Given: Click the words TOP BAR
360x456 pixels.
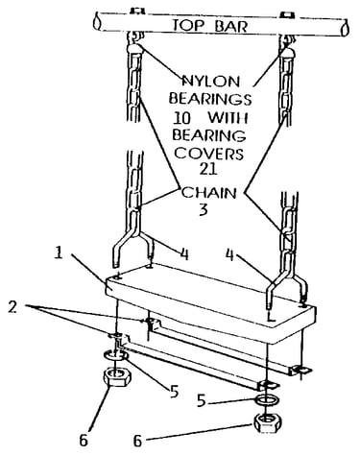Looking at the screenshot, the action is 210,26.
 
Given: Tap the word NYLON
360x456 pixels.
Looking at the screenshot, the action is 211,82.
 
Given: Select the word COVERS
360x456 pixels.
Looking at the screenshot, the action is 209,154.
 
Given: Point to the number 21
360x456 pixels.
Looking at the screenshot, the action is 208,169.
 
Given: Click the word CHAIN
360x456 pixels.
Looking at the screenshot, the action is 209,193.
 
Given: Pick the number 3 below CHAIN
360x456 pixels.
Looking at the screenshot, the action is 204,209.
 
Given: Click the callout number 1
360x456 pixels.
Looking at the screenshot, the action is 59,253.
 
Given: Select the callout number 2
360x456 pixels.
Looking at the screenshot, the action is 12,307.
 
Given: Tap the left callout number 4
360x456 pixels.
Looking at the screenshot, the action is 184,254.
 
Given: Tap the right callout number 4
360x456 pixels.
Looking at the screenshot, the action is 230,254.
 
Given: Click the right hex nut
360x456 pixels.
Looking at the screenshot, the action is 268,423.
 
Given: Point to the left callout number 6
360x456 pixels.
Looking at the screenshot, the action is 84,441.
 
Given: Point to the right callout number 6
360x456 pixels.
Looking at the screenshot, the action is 137,442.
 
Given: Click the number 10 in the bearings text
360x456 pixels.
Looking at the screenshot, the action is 181,118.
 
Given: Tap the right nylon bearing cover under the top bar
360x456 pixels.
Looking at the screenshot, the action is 287,53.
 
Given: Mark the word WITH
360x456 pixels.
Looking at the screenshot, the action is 228,118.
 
